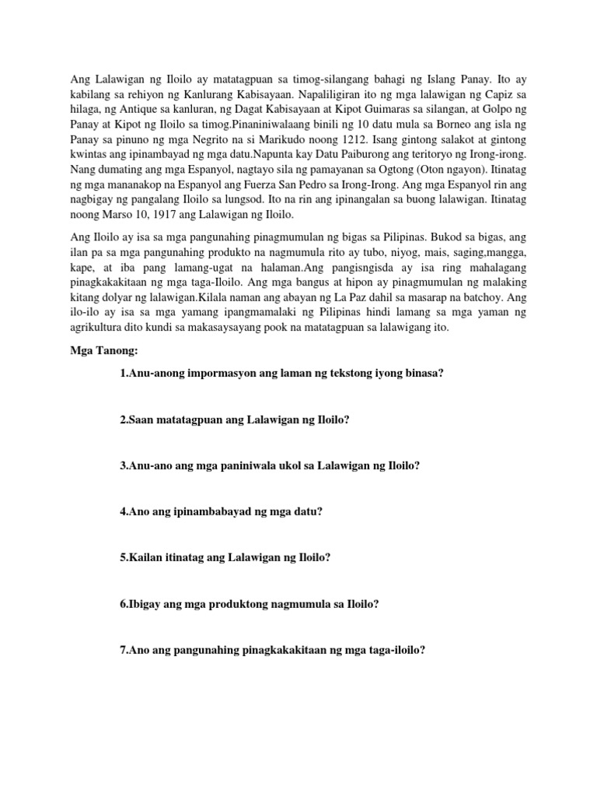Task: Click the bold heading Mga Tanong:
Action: pyautogui.click(x=103, y=353)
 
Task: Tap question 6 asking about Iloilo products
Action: pyautogui.click(x=250, y=603)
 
